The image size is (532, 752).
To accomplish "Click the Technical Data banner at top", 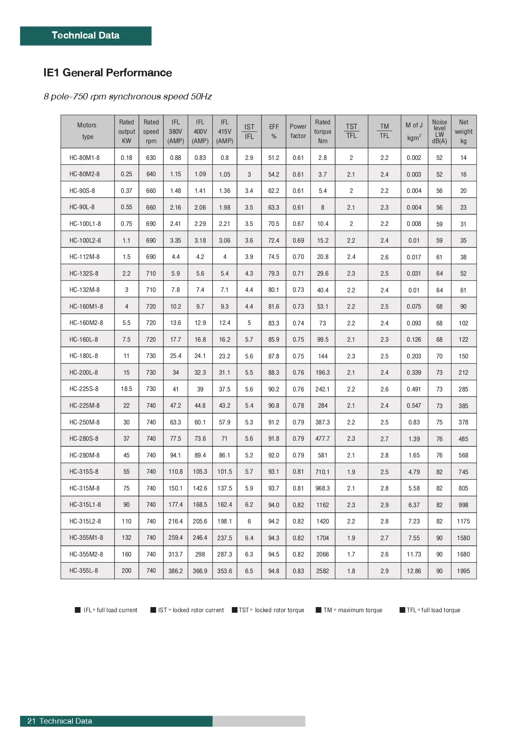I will pos(86,36).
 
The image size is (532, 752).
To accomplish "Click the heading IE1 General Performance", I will pos(108,73).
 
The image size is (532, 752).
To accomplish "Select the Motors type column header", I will pos(87,131).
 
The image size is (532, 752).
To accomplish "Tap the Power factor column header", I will pos(298,131).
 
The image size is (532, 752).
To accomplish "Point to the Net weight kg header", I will pos(463,131).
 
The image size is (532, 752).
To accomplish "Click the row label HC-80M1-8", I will pos(84,158).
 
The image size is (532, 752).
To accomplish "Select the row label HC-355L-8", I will pos(84,571).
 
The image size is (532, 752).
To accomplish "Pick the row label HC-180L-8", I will pos(84,356).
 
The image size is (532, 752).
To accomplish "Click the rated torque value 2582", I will pos(322,571).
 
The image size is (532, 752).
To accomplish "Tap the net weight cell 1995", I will pos(463,571).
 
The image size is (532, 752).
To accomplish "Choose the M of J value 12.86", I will pos(414,571).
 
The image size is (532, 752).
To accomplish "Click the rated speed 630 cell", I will pos(151,158).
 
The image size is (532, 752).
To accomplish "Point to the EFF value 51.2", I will pos(274,158).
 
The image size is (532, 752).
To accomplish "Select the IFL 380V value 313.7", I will pos(175,554).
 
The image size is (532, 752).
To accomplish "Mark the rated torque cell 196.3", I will pos(322,373).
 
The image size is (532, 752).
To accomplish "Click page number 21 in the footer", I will pos(31,721).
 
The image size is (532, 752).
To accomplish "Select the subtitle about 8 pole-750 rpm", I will pos(128,96).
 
